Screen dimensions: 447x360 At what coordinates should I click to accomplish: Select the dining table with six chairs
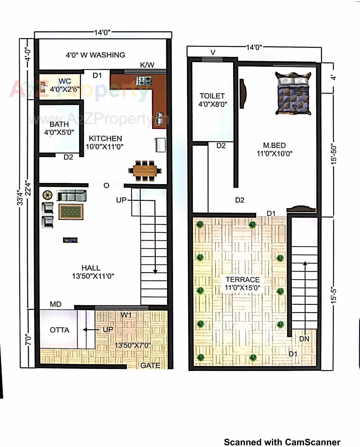click(145, 170)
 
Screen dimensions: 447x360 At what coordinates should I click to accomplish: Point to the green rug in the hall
click(71, 212)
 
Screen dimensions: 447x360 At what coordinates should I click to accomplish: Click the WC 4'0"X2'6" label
click(65, 85)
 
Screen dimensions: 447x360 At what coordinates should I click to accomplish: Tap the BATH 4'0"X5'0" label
click(59, 128)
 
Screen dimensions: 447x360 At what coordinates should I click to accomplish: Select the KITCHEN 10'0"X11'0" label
click(105, 142)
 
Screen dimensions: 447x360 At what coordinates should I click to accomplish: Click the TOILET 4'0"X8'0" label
click(212, 100)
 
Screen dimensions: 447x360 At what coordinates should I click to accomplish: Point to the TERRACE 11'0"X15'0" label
click(242, 283)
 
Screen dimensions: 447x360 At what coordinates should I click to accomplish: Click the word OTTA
click(59, 330)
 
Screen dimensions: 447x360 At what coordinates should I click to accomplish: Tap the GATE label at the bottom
click(150, 365)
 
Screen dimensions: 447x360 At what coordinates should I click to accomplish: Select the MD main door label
click(55, 304)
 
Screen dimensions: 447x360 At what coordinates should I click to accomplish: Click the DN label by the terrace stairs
click(304, 339)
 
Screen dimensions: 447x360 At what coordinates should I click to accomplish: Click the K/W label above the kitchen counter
click(147, 65)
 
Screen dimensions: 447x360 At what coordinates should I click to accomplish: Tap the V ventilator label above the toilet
click(213, 52)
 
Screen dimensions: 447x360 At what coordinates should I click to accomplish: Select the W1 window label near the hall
click(126, 315)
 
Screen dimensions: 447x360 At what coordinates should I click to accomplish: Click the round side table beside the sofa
click(48, 195)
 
